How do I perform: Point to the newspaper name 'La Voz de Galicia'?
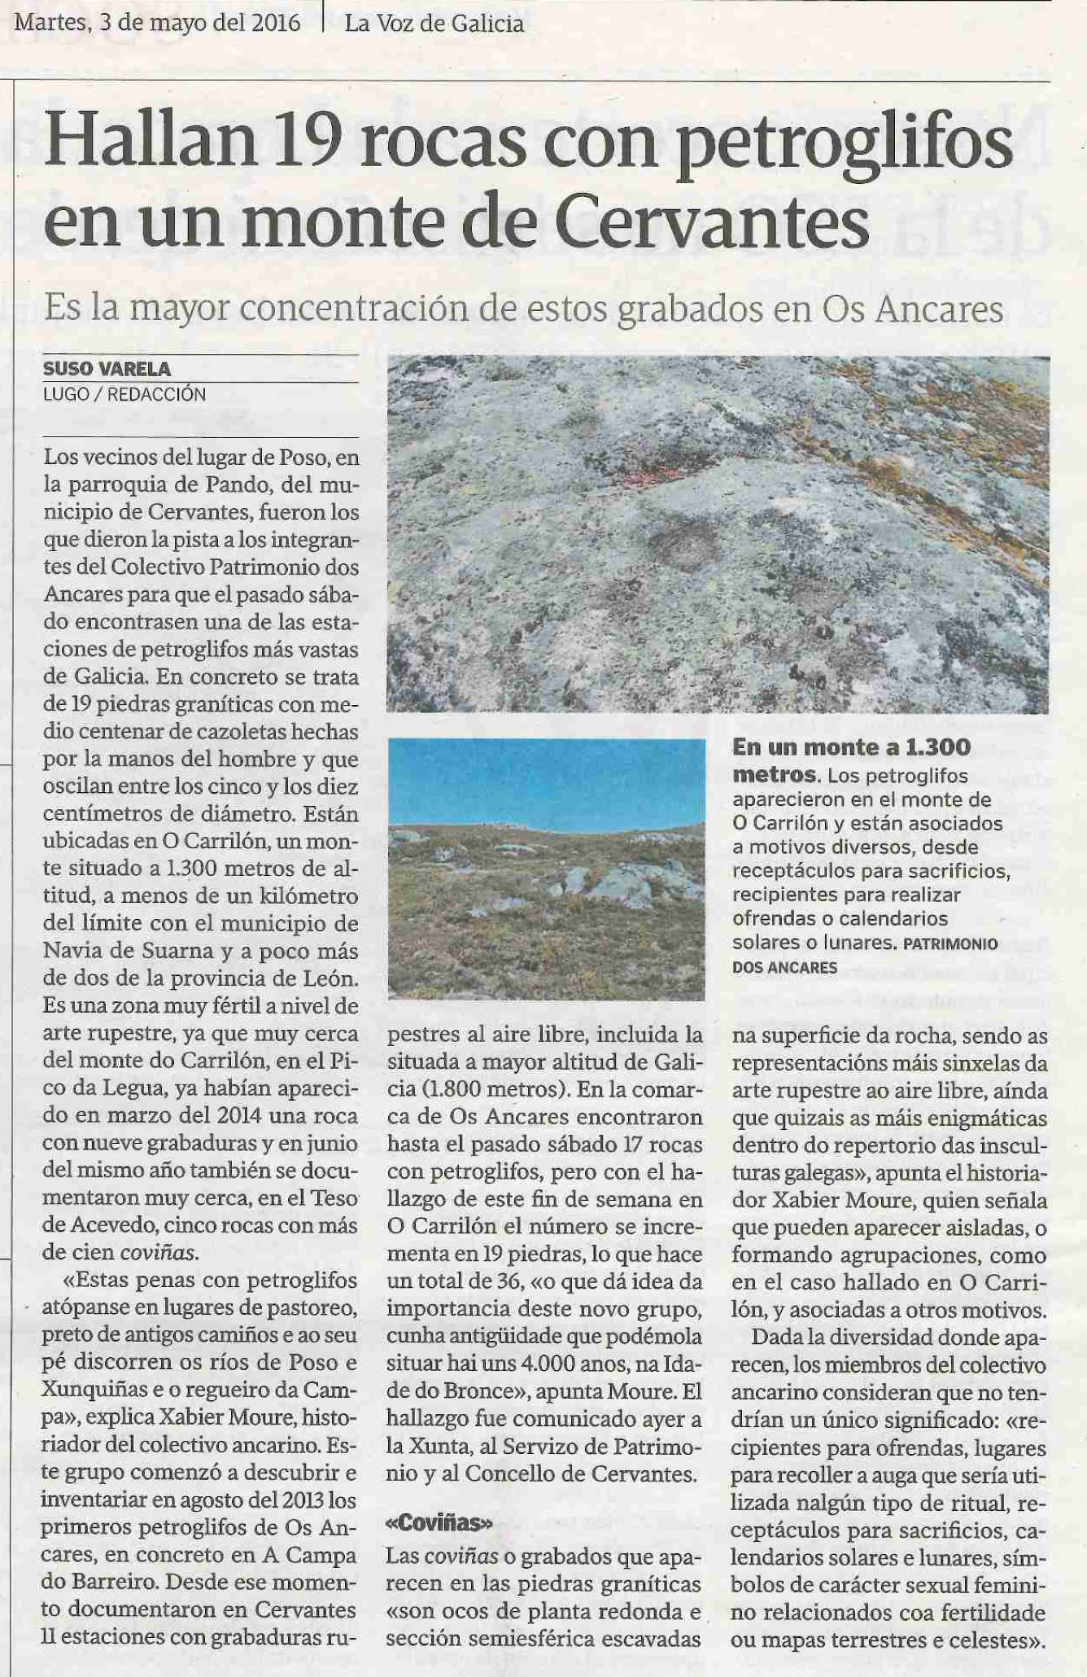click(434, 24)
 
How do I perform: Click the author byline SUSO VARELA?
click(107, 369)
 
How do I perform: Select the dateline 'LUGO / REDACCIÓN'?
click(124, 395)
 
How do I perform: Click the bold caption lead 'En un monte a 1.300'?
click(851, 747)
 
